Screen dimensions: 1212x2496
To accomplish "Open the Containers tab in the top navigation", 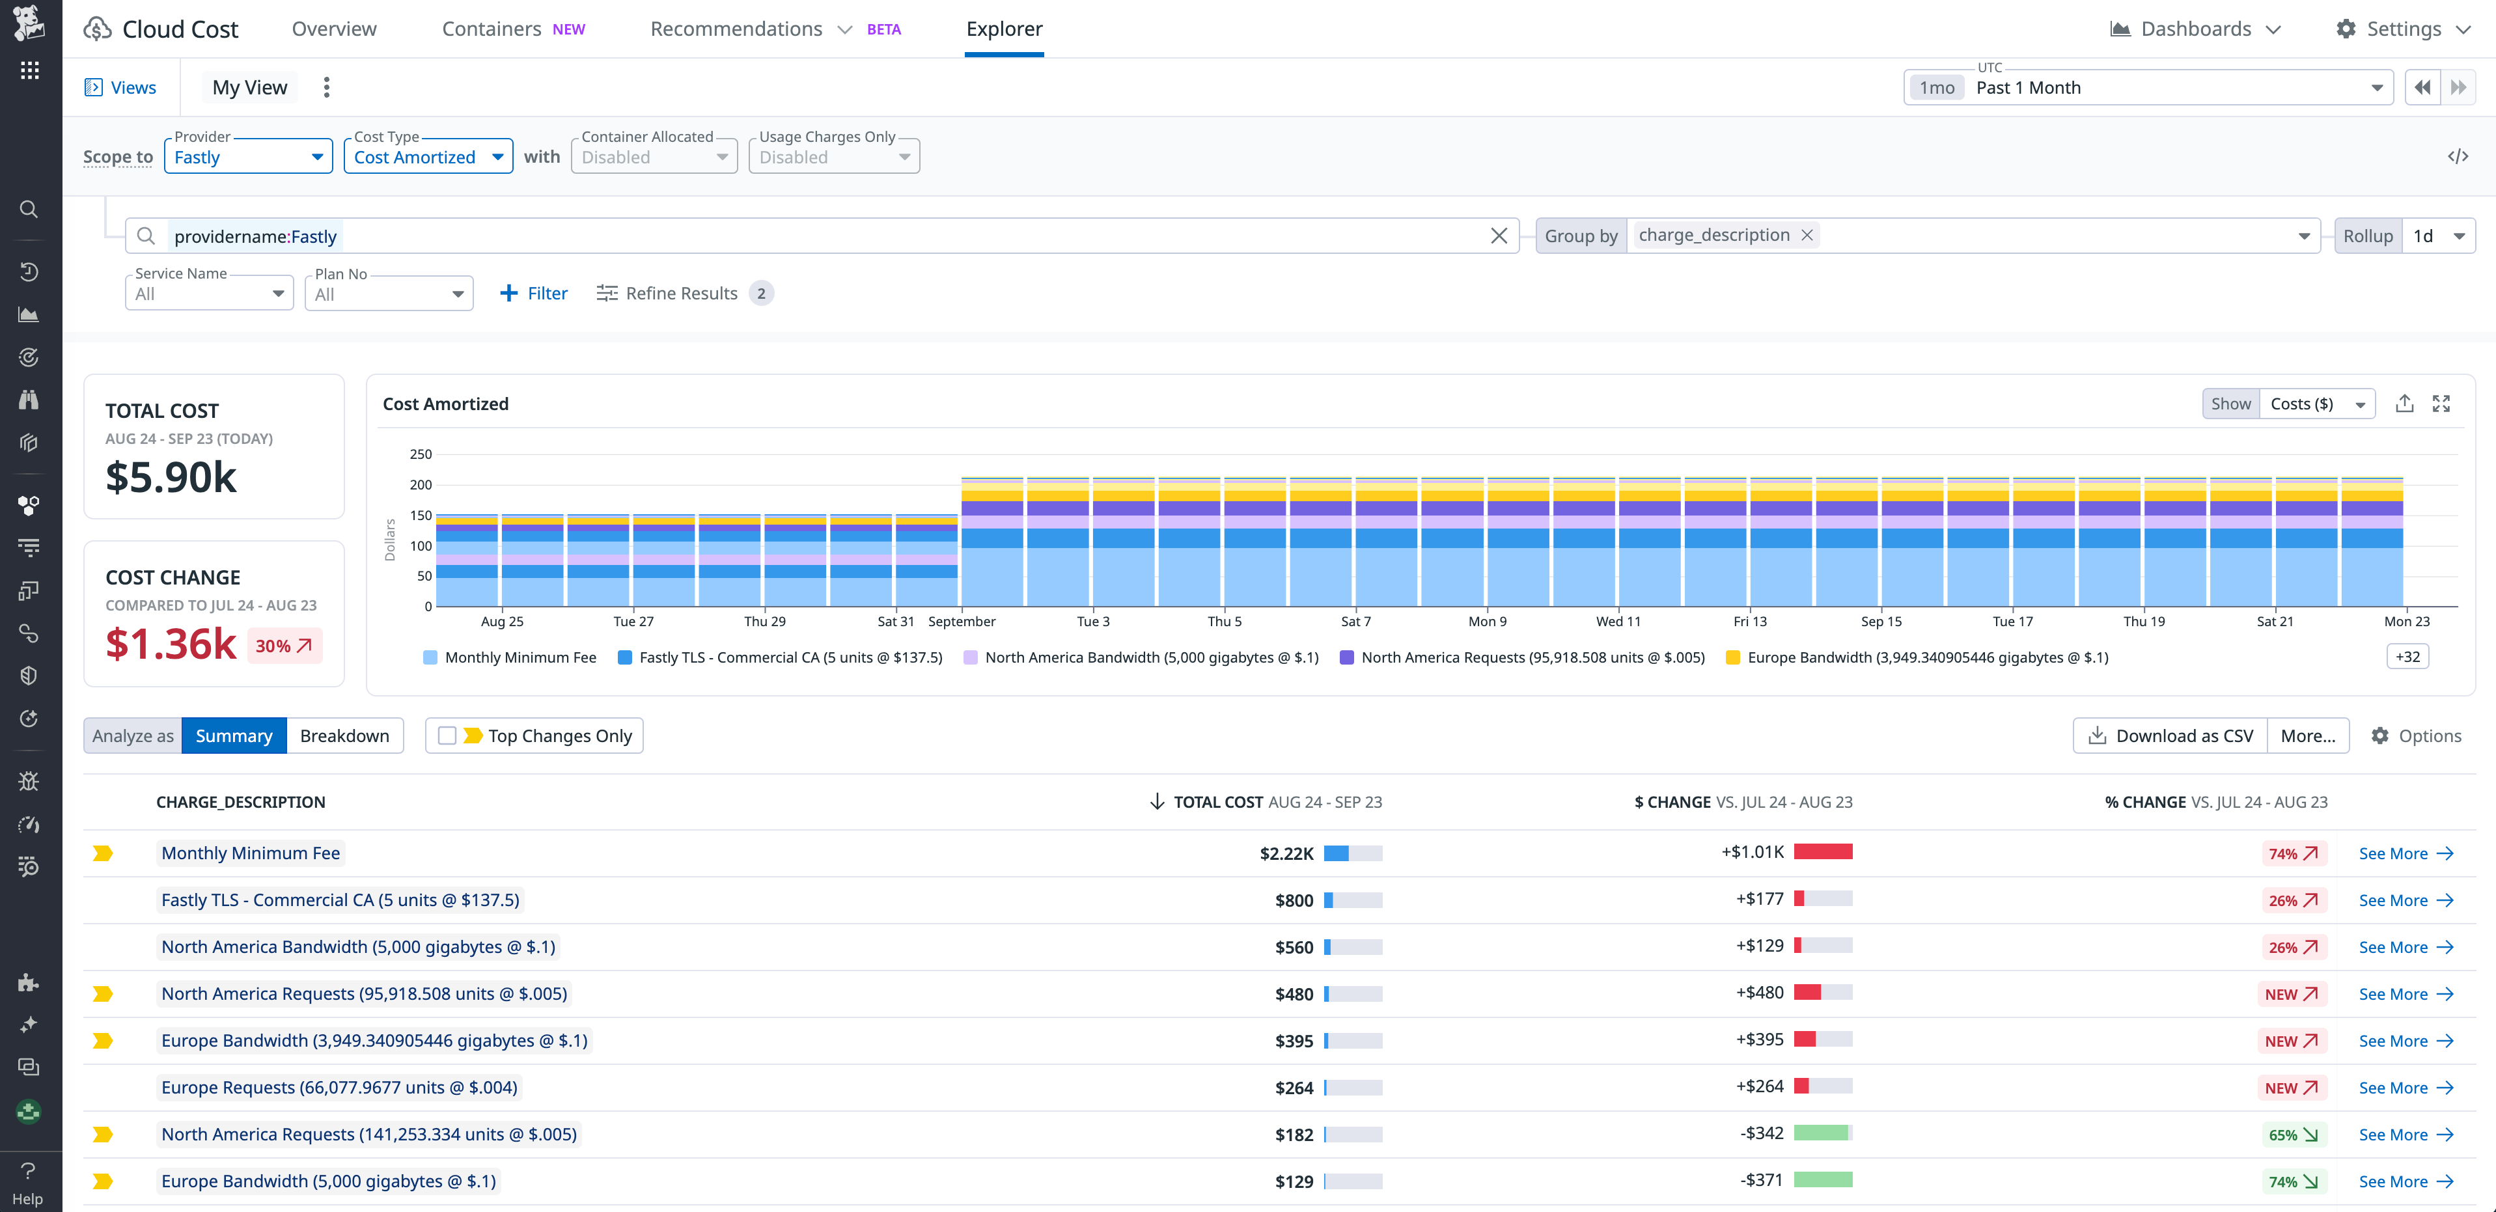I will click(492, 29).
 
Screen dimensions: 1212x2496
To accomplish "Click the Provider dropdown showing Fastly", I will click(248, 157).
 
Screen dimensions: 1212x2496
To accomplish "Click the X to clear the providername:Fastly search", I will click(1499, 236).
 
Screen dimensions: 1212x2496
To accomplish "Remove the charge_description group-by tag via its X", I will click(1807, 236).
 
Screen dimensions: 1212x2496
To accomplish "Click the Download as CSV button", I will click(2170, 736).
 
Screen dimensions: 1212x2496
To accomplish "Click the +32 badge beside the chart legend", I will click(2407, 657).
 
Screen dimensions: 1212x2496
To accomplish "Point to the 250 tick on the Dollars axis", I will click(421, 454).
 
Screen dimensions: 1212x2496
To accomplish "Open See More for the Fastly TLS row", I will click(2405, 901).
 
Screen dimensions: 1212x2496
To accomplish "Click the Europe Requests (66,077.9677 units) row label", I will click(339, 1088).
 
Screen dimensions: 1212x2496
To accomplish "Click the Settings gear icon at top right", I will click(2346, 29).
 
